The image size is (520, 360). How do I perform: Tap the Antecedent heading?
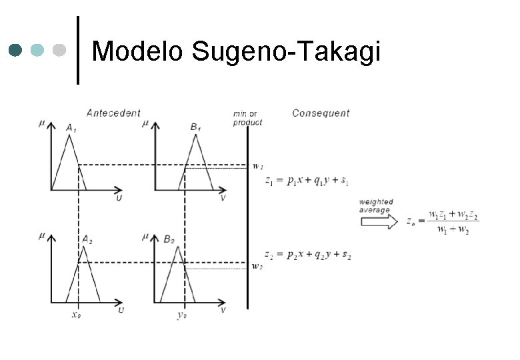click(113, 113)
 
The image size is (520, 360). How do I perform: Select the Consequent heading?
click(321, 113)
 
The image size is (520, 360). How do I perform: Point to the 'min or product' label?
click(247, 118)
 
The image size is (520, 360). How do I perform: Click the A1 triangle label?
click(71, 127)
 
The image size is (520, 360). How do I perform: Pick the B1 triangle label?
click(196, 127)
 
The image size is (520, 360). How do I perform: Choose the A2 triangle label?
click(87, 239)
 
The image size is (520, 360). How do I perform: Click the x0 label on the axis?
click(77, 314)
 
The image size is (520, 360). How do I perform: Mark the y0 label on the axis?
click(182, 315)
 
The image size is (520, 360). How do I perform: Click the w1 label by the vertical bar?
click(257, 166)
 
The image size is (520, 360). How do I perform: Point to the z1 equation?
click(307, 181)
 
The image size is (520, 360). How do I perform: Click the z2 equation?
click(307, 255)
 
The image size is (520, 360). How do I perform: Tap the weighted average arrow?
click(379, 221)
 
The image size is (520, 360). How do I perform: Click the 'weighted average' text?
click(377, 205)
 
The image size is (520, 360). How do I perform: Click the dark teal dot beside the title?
click(17, 50)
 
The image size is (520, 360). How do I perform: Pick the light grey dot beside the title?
click(59, 50)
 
